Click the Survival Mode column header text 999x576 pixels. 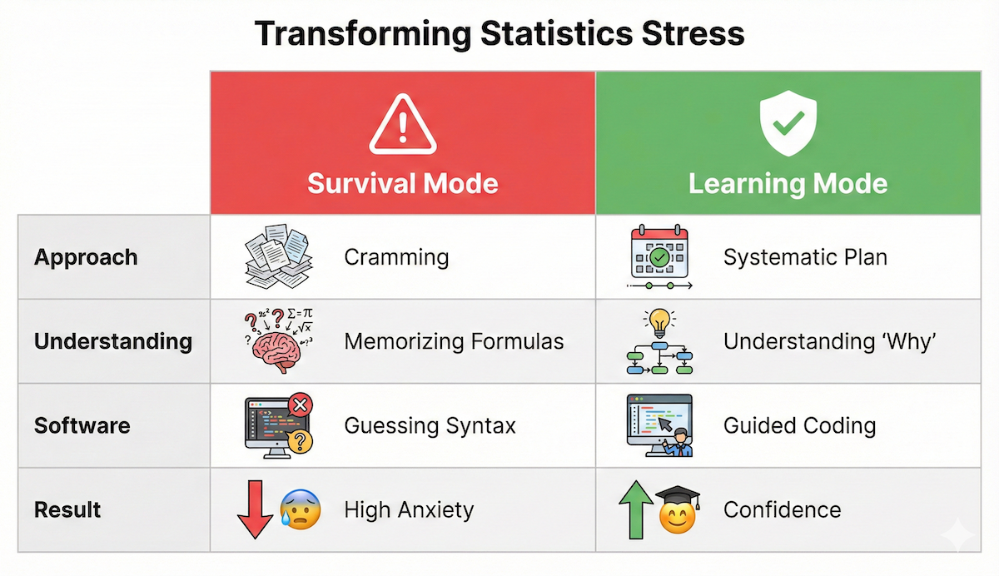[403, 183]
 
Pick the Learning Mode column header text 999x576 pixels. [788, 183]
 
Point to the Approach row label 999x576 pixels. [86, 257]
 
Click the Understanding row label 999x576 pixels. [113, 341]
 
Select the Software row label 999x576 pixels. [82, 426]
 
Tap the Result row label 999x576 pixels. [67, 509]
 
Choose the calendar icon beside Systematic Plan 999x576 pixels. [659, 253]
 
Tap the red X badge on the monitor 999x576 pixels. [300, 405]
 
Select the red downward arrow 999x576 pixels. [256, 510]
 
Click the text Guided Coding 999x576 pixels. [799, 426]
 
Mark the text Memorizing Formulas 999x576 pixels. [454, 341]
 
